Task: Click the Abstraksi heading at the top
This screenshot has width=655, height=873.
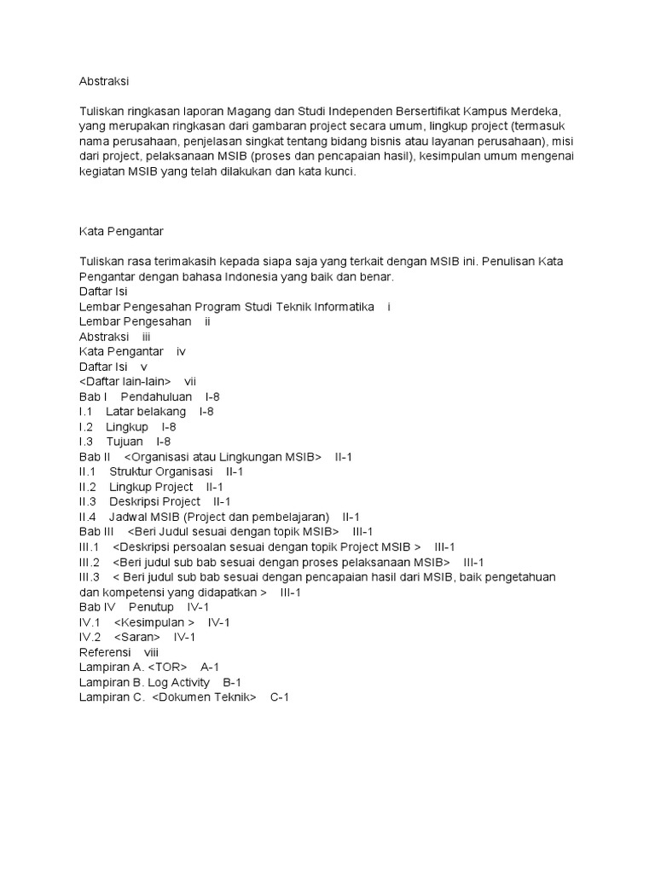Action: point(105,82)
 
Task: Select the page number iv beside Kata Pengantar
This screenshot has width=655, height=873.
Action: point(181,351)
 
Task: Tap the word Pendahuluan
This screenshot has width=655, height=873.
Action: point(156,396)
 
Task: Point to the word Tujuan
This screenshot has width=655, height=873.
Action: point(125,442)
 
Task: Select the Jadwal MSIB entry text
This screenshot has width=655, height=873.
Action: point(219,517)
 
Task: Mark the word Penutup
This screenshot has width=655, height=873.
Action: point(151,606)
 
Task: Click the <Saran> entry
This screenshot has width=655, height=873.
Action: point(137,637)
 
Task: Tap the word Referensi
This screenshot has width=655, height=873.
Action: point(105,651)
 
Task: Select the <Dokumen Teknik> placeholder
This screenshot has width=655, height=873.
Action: point(205,697)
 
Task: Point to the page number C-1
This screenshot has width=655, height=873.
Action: point(280,697)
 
